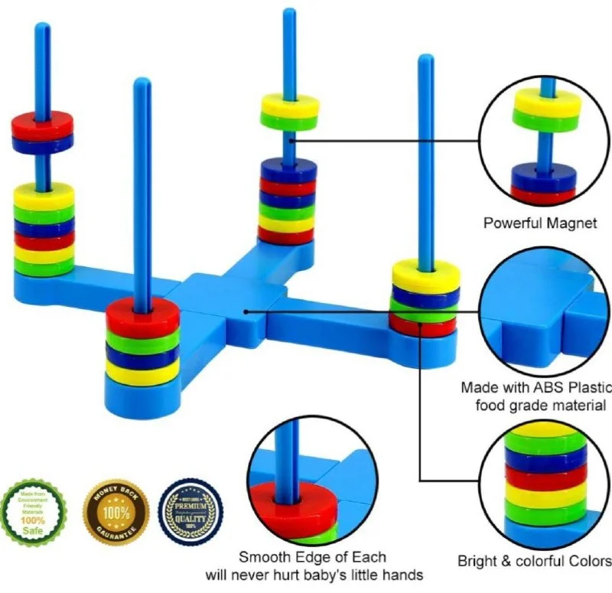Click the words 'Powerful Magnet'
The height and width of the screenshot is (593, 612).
[540, 223]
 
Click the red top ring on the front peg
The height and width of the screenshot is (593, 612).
[142, 314]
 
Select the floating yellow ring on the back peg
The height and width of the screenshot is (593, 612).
[289, 103]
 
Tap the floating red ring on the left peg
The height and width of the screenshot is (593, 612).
[42, 122]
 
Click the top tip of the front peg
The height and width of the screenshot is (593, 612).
[142, 83]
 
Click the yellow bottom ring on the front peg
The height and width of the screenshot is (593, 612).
[142, 373]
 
